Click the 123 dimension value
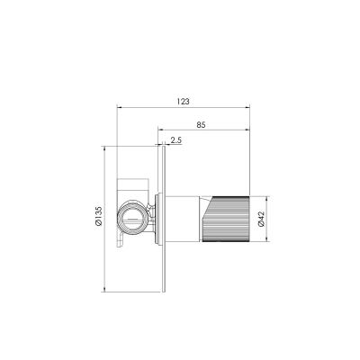point(183,102)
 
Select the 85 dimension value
point(201,124)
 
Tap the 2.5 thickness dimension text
point(176,139)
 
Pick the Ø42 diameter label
point(261,219)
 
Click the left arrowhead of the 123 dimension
point(119,107)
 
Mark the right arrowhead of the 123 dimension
point(247,107)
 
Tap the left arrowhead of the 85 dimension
point(160,130)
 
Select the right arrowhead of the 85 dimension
point(247,130)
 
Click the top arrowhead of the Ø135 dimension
point(103,148)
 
